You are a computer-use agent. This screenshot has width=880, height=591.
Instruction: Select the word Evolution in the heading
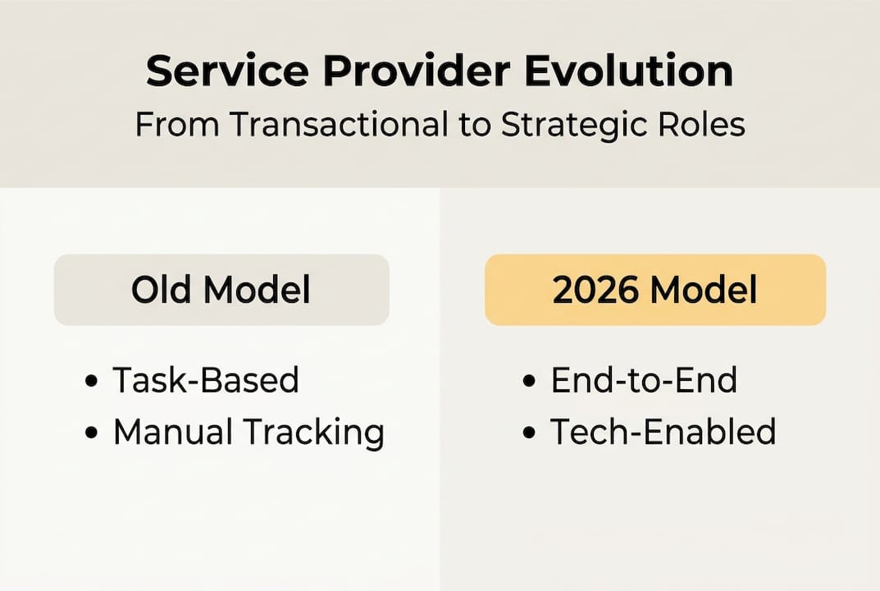pyautogui.click(x=629, y=72)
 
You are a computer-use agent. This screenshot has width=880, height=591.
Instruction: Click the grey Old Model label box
pyautogui.click(x=221, y=290)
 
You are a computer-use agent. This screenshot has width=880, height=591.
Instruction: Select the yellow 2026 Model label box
pyautogui.click(x=655, y=290)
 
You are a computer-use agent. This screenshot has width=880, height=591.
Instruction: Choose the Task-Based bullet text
pyautogui.click(x=206, y=380)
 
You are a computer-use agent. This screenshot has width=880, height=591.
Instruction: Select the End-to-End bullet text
pyautogui.click(x=644, y=380)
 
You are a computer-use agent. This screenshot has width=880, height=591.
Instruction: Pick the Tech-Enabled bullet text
pyautogui.click(x=663, y=432)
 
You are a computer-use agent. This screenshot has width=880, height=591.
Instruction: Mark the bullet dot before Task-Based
pyautogui.click(x=91, y=382)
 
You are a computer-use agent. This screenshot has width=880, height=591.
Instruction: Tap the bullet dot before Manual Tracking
pyautogui.click(x=91, y=433)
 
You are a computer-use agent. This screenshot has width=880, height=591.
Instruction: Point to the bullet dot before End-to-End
pyautogui.click(x=530, y=382)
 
